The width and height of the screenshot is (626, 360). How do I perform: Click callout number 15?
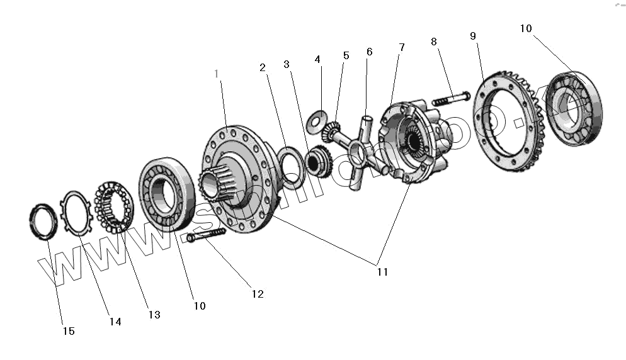[x=68, y=330]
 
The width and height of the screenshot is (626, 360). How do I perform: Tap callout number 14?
[x=114, y=321]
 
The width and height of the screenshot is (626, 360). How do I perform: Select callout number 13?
[x=154, y=314]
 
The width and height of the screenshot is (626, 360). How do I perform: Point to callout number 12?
[x=257, y=293]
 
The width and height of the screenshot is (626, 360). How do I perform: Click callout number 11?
[x=382, y=272]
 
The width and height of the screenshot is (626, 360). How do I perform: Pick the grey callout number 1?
[x=217, y=74]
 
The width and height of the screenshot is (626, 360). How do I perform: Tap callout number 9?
[x=473, y=36]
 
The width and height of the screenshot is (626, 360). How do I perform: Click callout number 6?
[x=369, y=52]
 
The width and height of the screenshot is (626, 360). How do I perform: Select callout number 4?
[x=317, y=59]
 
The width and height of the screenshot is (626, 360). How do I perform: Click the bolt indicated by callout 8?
[x=451, y=98]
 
